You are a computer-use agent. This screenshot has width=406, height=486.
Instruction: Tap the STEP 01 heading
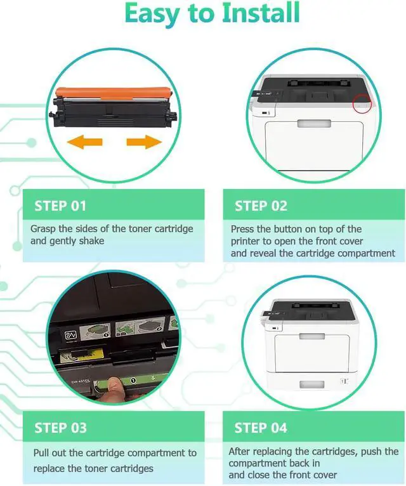click(60, 206)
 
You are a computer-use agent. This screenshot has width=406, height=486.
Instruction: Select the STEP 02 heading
click(261, 206)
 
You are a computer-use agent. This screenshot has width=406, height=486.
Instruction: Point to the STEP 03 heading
click(60, 428)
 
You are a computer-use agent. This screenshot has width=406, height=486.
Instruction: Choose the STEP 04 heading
click(261, 428)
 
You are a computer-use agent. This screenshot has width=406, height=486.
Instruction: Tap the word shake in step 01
click(92, 241)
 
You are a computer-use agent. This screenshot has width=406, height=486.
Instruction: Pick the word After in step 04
click(241, 452)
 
